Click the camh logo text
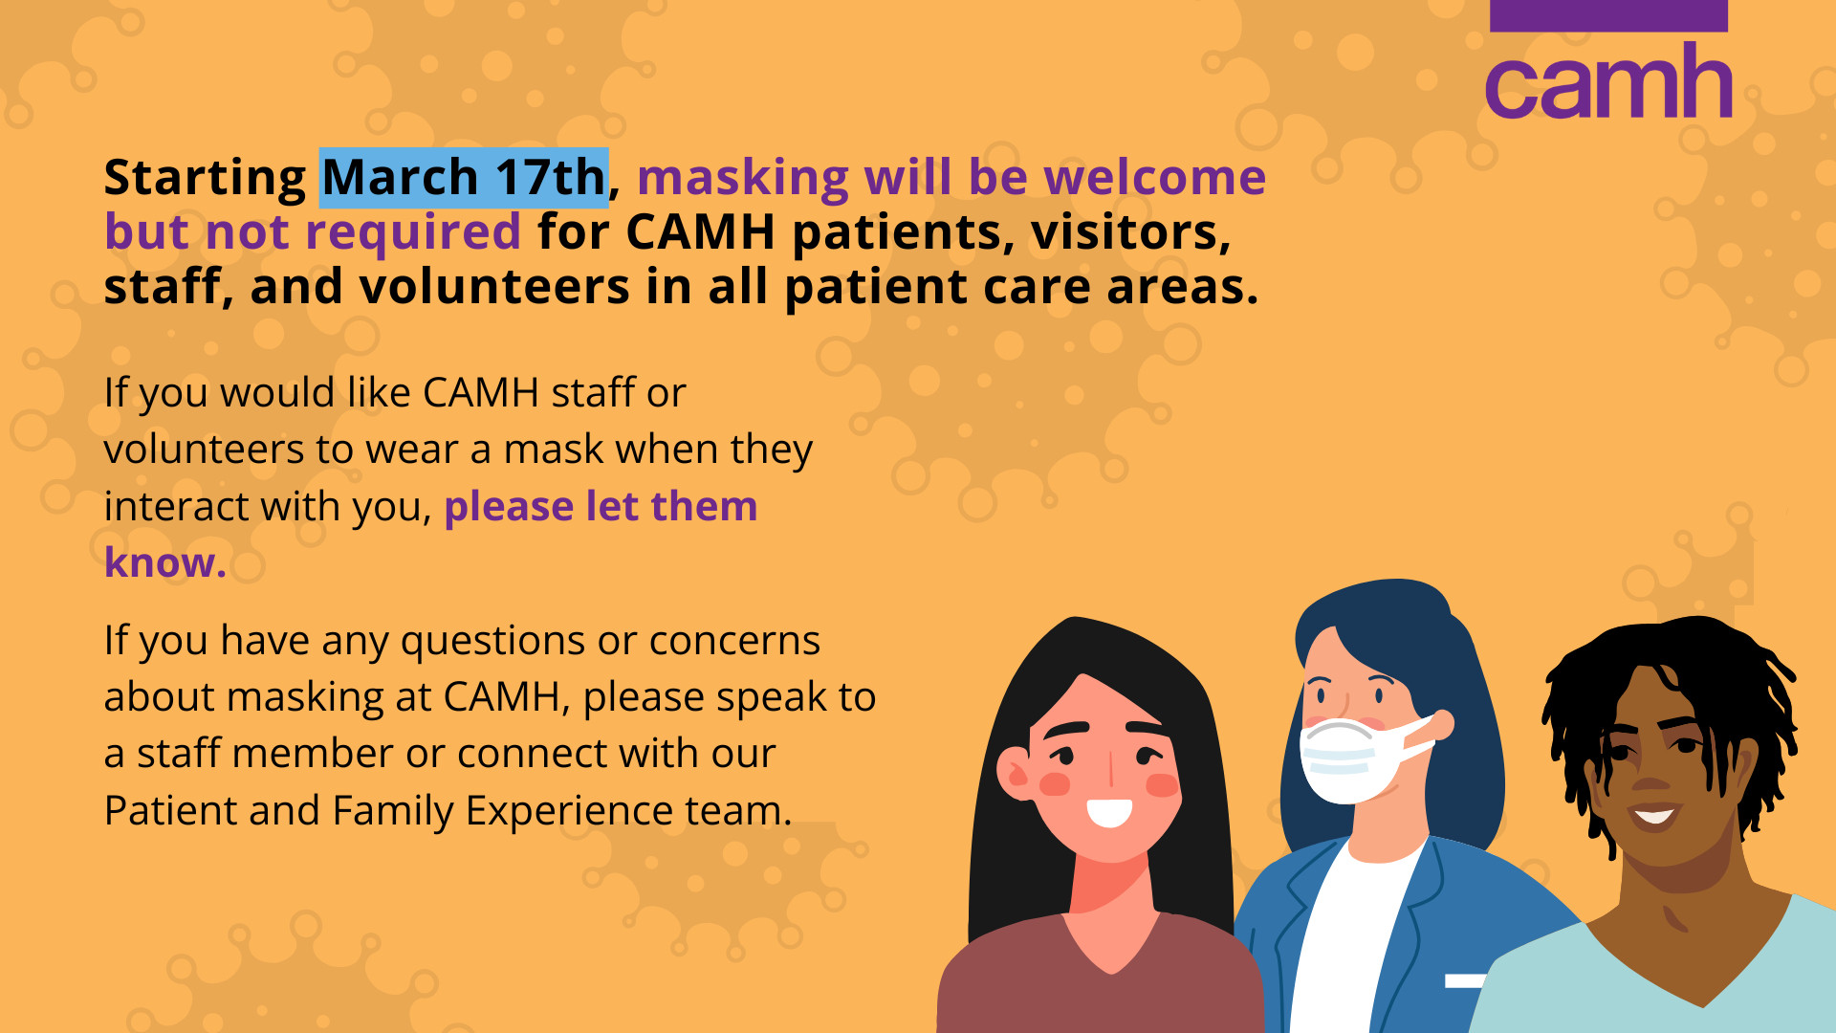[1608, 81]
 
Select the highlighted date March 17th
[464, 178]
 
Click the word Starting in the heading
[205, 179]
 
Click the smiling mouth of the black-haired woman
[1109, 813]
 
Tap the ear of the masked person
[1440, 724]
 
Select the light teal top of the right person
[1664, 985]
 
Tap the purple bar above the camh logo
[1608, 15]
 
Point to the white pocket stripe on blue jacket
[1465, 980]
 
